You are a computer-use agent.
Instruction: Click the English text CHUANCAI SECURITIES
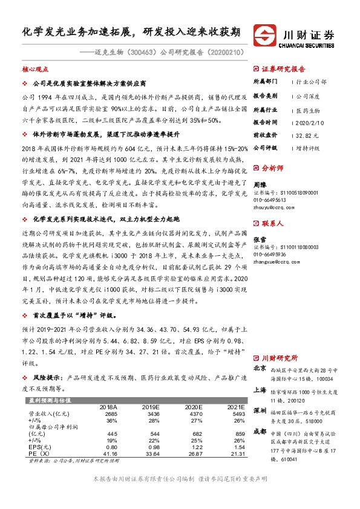(309, 44)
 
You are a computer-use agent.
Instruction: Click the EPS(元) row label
(39, 447)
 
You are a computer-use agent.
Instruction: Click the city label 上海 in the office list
(260, 390)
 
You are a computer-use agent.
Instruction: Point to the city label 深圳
(260, 410)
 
